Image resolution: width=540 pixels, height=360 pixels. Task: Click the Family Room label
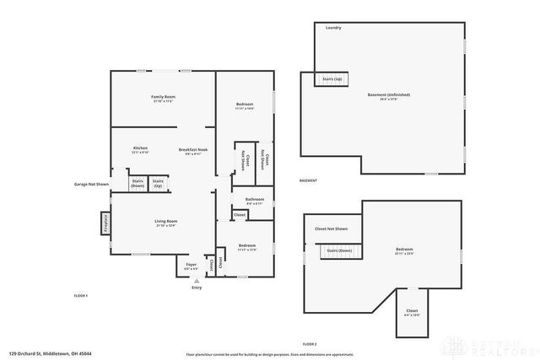tap(163, 99)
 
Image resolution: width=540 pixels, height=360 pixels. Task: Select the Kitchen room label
tap(140, 150)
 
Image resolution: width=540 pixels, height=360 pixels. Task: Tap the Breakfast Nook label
tap(192, 150)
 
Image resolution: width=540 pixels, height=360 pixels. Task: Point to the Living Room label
tap(165, 223)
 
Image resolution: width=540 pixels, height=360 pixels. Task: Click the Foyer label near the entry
tap(192, 266)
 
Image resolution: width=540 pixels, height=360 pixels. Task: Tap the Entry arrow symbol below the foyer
tap(197, 281)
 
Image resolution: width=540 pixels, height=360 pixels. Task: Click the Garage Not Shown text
tap(91, 183)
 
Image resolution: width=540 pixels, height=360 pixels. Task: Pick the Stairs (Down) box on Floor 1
tap(138, 183)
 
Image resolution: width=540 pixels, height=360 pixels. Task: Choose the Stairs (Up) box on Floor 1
tap(158, 183)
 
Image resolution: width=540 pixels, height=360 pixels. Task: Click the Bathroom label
tap(255, 201)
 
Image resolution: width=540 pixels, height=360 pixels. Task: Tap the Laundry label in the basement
tap(333, 28)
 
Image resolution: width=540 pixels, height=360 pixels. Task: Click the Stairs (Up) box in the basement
tap(330, 79)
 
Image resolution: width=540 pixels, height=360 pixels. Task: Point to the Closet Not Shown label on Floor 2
tap(331, 228)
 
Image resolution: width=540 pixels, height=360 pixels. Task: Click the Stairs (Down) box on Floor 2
tap(340, 252)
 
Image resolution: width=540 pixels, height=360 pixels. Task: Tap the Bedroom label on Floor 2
tap(404, 250)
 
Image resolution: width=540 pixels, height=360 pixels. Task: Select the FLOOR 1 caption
tap(81, 296)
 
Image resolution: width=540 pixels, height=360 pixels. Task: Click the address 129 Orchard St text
tap(50, 353)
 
